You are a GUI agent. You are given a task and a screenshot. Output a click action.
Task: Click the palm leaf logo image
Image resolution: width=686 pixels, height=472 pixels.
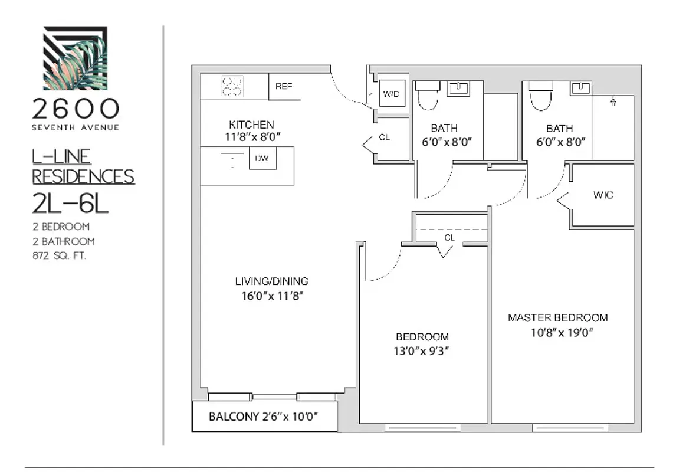click(x=75, y=58)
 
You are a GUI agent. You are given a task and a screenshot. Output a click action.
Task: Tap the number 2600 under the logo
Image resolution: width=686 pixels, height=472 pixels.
click(x=75, y=109)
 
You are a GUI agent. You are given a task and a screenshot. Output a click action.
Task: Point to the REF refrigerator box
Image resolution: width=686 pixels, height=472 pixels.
click(x=284, y=86)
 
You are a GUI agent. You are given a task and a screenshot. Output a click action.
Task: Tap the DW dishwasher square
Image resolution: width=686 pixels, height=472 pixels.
click(x=262, y=158)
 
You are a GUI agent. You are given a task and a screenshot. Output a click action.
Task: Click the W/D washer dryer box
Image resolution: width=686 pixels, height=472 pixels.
click(x=390, y=93)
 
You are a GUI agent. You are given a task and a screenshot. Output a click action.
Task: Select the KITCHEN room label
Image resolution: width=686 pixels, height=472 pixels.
click(x=251, y=124)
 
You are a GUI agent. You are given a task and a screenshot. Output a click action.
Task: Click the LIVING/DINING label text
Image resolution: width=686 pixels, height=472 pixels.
click(x=271, y=281)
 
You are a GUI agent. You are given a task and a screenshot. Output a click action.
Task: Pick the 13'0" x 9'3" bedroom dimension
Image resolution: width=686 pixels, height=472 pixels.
click(x=422, y=350)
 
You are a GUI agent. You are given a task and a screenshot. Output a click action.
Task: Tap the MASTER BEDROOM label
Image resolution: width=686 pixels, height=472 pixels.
click(x=557, y=317)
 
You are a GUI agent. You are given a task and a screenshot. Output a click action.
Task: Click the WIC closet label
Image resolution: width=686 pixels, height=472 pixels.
click(x=603, y=195)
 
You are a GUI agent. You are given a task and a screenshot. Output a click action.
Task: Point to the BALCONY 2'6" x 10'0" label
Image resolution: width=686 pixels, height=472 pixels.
click(x=264, y=417)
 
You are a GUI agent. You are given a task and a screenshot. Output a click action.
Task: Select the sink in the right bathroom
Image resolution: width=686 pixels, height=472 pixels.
click(x=580, y=88)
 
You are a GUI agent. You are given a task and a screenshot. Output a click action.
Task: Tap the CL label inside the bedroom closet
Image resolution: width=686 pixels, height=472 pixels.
click(x=449, y=237)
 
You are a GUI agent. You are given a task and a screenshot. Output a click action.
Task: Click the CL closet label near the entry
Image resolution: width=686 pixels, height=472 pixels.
click(x=385, y=137)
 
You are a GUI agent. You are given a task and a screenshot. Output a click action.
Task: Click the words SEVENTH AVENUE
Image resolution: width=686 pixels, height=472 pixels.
click(x=75, y=127)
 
